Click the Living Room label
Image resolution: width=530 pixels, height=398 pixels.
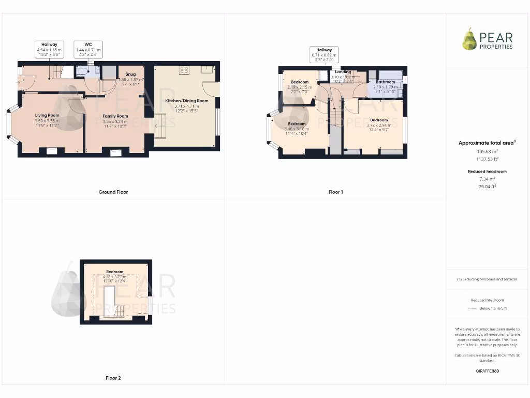[x=47, y=115]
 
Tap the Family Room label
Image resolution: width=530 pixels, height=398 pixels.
[x=115, y=116]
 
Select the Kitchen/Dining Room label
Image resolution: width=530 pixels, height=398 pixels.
[x=186, y=101]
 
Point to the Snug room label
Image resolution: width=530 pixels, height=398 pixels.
[x=130, y=74]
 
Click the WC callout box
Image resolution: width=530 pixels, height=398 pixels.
[x=88, y=49]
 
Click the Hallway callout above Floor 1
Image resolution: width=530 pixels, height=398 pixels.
[x=324, y=55]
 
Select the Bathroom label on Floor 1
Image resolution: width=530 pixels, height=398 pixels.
[x=385, y=82]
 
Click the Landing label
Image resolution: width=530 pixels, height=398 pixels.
[x=343, y=72]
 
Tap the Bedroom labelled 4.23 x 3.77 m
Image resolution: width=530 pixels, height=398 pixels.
[x=115, y=272]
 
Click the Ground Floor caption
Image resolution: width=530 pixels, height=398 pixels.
[x=113, y=192]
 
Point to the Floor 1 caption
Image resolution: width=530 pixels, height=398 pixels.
[x=335, y=192]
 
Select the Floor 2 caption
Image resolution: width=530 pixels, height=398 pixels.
[x=113, y=378]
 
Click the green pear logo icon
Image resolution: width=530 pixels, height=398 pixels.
[x=469, y=39]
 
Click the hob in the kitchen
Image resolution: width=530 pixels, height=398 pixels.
[x=184, y=70]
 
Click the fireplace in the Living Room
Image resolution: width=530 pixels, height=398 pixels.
[x=51, y=151]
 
